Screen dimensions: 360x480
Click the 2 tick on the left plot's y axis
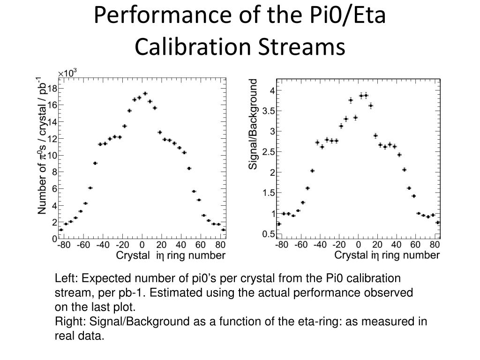click(54, 222)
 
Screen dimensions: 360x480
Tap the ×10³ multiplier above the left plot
click(67, 73)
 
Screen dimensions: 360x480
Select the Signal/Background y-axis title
click(253, 124)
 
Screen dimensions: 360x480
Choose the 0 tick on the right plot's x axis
click(358, 245)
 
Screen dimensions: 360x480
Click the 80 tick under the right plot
click(434, 245)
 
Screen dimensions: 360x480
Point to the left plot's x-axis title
click(170, 256)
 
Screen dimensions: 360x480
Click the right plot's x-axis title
click(387, 256)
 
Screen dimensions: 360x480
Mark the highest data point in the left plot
click(145, 93)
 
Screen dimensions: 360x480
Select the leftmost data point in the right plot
click(279, 224)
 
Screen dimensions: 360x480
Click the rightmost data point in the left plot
click(223, 230)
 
